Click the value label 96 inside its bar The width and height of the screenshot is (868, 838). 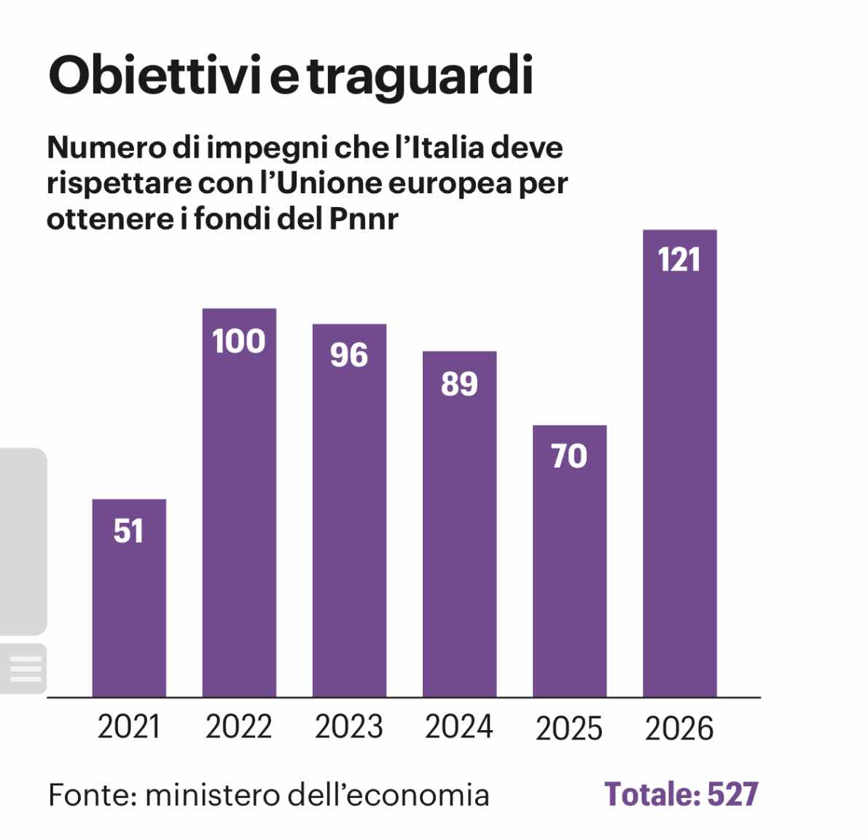pyautogui.click(x=349, y=355)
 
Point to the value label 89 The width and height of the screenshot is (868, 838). pyautogui.click(x=459, y=384)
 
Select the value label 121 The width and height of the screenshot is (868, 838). pyautogui.click(x=679, y=260)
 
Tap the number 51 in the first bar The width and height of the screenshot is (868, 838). pyautogui.click(x=129, y=531)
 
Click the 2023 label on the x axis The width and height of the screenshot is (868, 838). pyautogui.click(x=349, y=727)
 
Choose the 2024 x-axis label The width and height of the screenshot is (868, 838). pyautogui.click(x=459, y=727)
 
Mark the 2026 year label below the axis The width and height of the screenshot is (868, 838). pyautogui.click(x=679, y=729)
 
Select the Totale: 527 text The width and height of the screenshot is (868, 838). pyautogui.click(x=681, y=794)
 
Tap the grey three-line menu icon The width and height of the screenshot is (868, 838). pyautogui.click(x=25, y=669)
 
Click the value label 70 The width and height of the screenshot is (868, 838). pyautogui.click(x=569, y=457)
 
